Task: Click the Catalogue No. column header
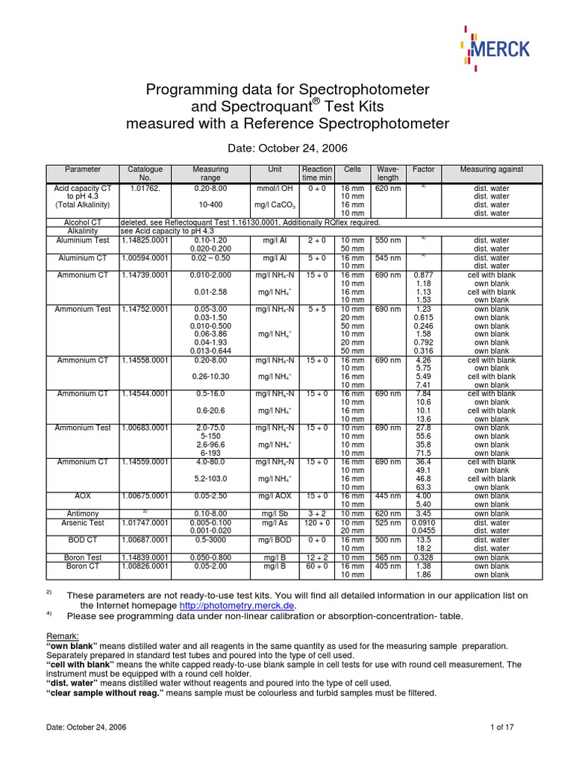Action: coord(145,174)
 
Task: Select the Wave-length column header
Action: coord(389,174)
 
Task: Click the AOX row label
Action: coord(82,495)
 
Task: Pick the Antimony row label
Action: coord(82,513)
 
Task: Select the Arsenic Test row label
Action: coord(82,522)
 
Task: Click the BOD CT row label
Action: coord(82,539)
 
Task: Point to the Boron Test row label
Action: coord(82,557)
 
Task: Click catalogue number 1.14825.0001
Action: coord(145,240)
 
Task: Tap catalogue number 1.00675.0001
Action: coord(145,495)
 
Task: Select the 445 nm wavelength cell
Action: coord(389,495)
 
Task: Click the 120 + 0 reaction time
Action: coord(316,522)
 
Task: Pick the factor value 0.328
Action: coord(424,557)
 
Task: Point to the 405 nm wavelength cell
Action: coord(389,566)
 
